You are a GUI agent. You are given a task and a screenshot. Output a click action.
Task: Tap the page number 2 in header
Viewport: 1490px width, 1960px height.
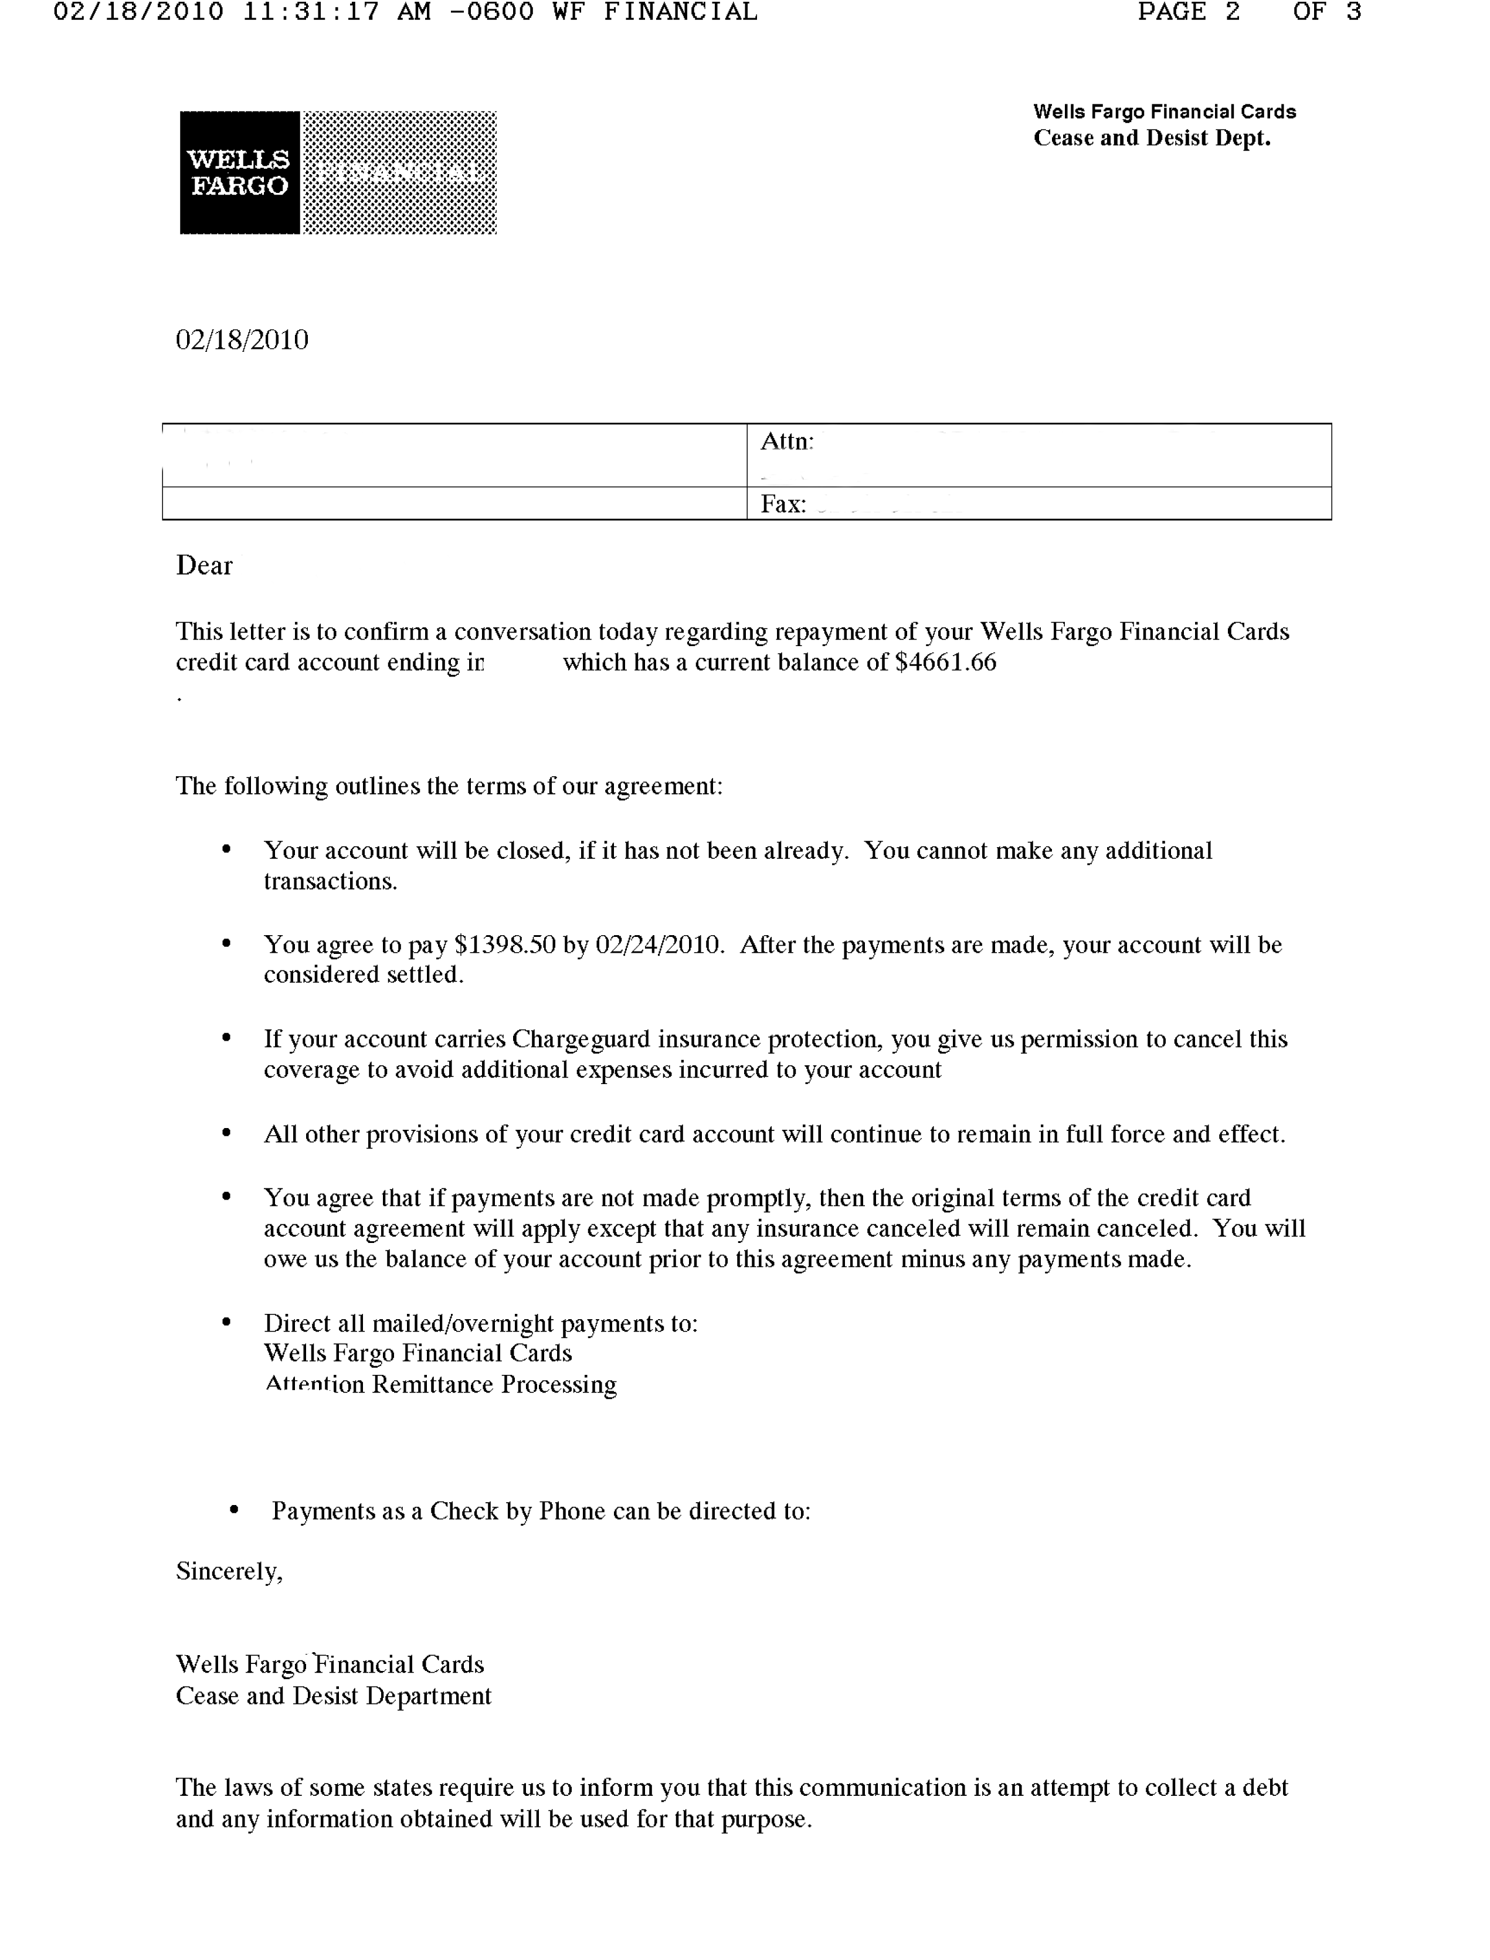pyautogui.click(x=1232, y=12)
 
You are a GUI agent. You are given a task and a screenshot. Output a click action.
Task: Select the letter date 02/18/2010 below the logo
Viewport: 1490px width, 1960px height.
pyautogui.click(x=242, y=339)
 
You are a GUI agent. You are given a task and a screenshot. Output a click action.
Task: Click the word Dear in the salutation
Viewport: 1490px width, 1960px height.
pyautogui.click(x=204, y=566)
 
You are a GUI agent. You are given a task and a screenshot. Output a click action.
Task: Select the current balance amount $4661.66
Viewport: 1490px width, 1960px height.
pyautogui.click(x=945, y=663)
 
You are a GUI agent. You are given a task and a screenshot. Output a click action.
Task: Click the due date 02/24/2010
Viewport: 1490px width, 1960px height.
pyautogui.click(x=658, y=945)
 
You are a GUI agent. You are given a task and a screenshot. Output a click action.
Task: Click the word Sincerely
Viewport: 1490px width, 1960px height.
pyautogui.click(x=229, y=1571)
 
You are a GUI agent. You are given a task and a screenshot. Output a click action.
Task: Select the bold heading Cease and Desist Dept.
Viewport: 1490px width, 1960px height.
pyautogui.click(x=1151, y=138)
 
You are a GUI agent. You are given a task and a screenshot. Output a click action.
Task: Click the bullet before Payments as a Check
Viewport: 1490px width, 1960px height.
pyautogui.click(x=234, y=1510)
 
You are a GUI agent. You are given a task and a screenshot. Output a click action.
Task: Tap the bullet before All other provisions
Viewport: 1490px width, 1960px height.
pyautogui.click(x=226, y=1133)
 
